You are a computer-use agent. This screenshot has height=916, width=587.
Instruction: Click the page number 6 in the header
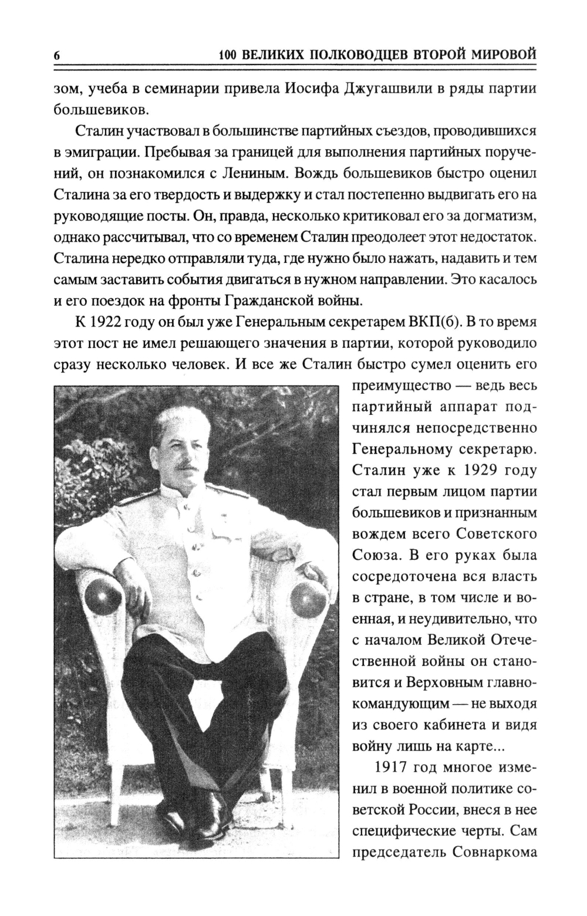[x=57, y=56]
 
